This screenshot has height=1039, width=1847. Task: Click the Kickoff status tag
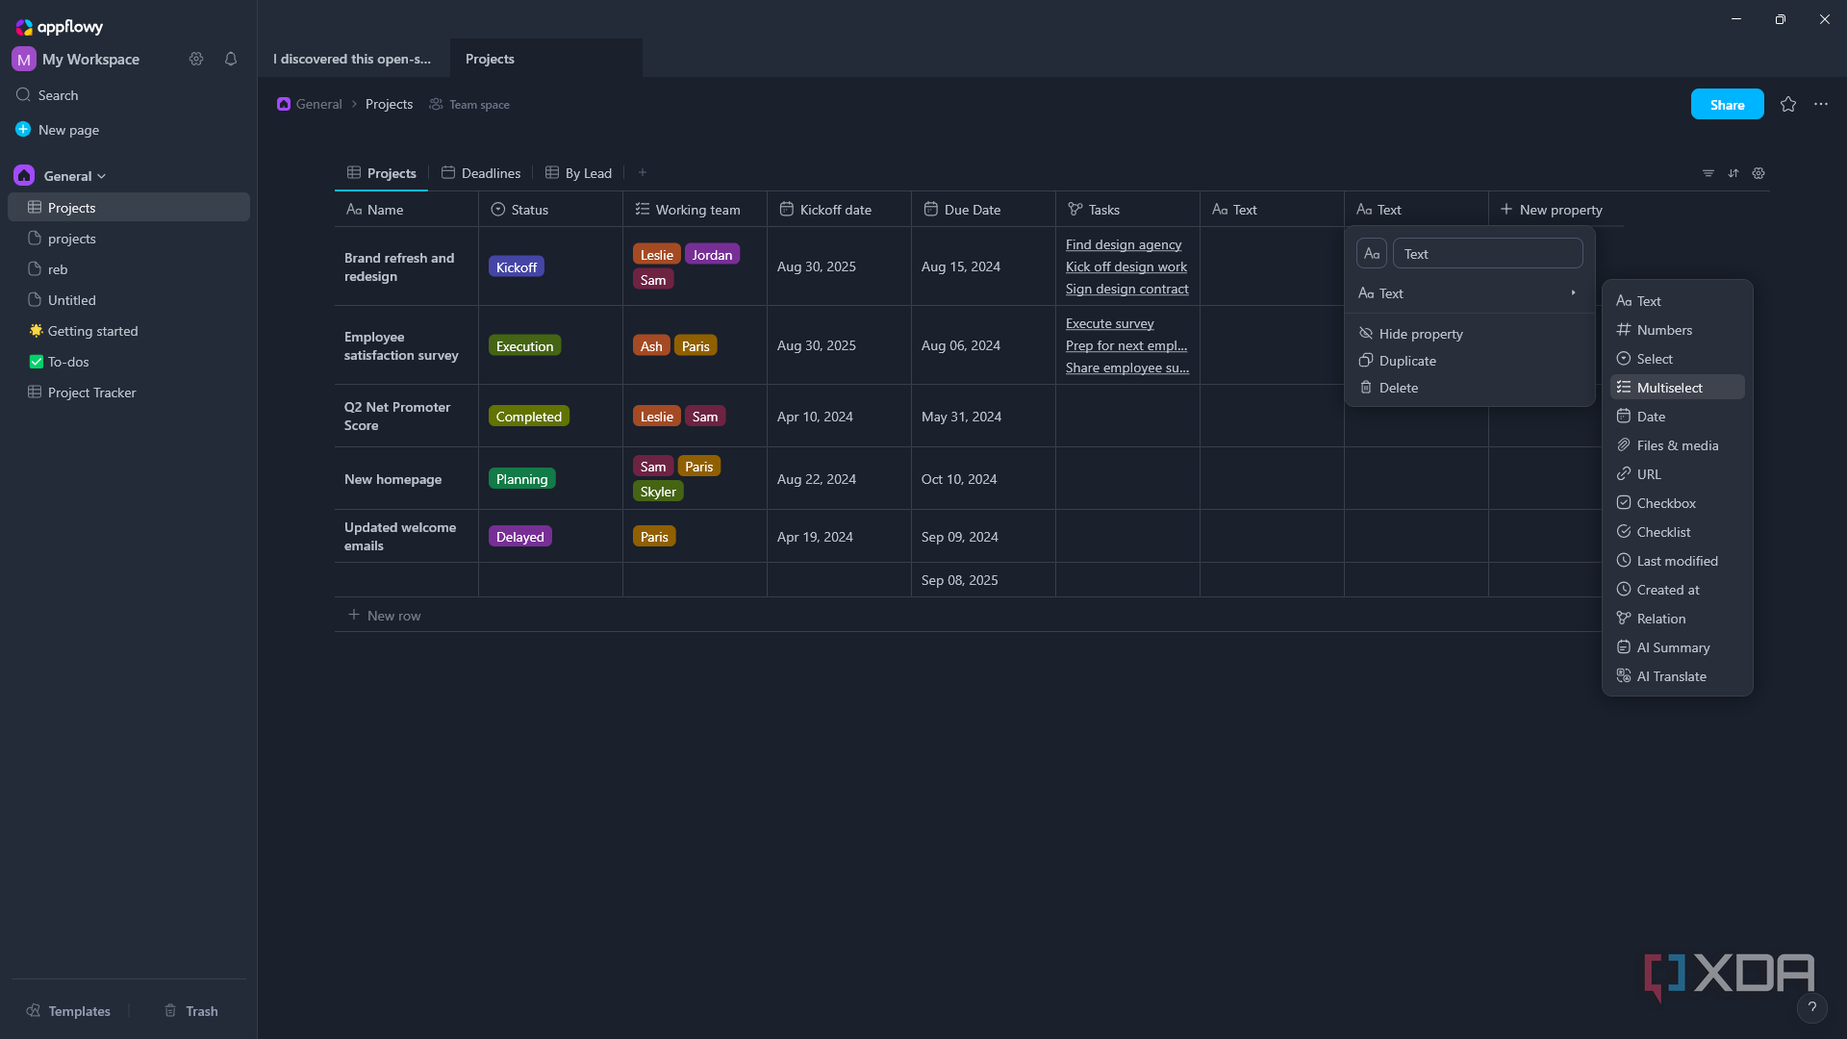(x=517, y=267)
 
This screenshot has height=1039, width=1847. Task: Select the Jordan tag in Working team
(x=712, y=255)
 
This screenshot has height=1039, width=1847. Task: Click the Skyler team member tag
(x=658, y=492)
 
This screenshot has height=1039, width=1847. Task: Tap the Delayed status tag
(x=520, y=537)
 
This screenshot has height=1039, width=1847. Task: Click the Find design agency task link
(x=1124, y=244)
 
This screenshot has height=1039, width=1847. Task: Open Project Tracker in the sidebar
(x=91, y=393)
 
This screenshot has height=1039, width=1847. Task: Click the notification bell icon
(x=231, y=60)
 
